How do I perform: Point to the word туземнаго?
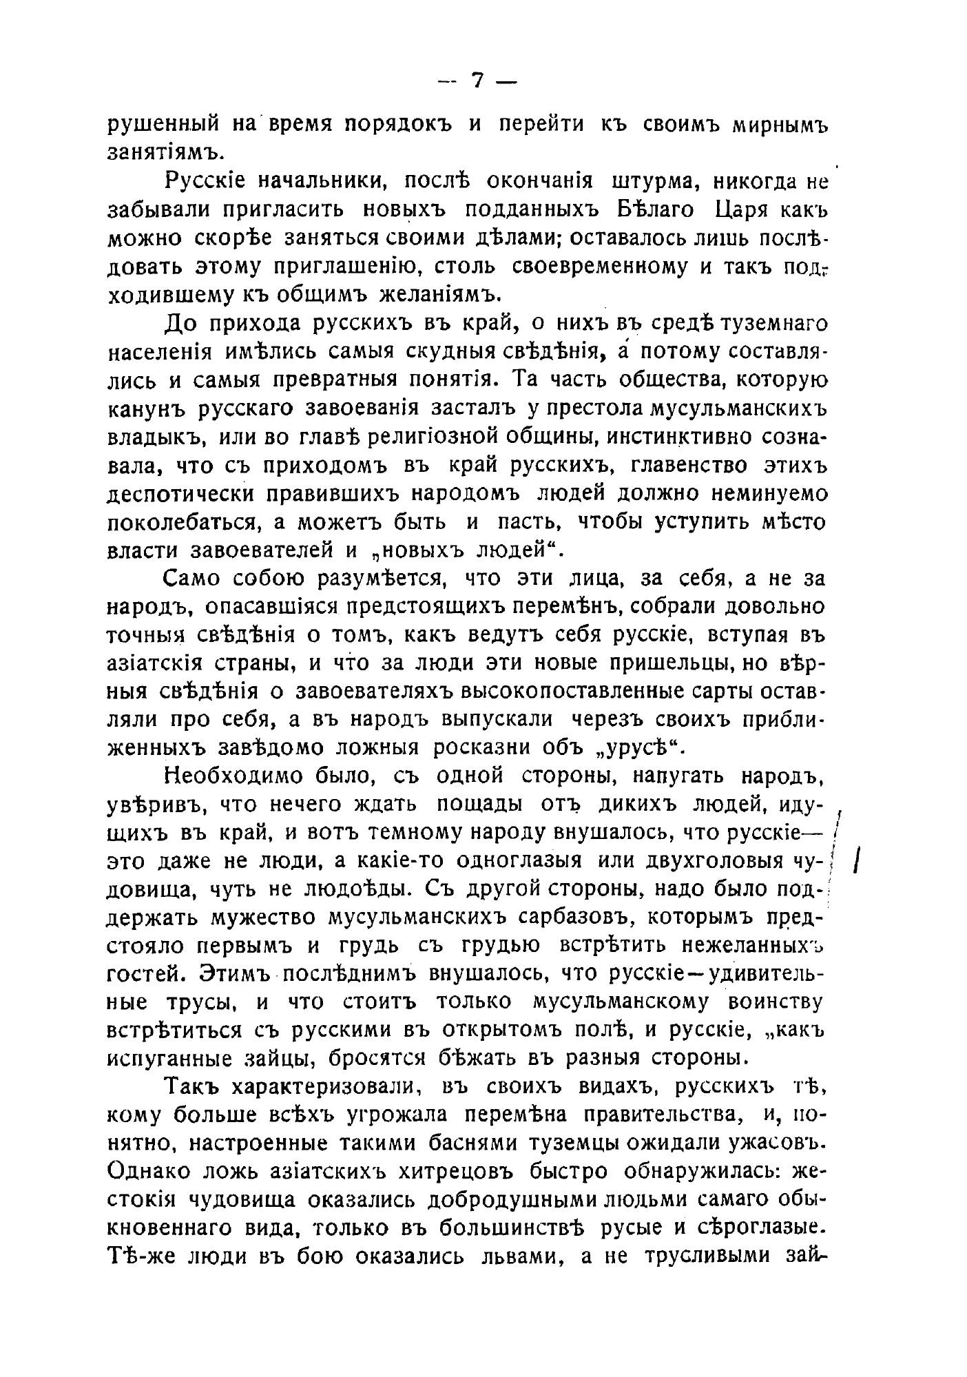(767, 323)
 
